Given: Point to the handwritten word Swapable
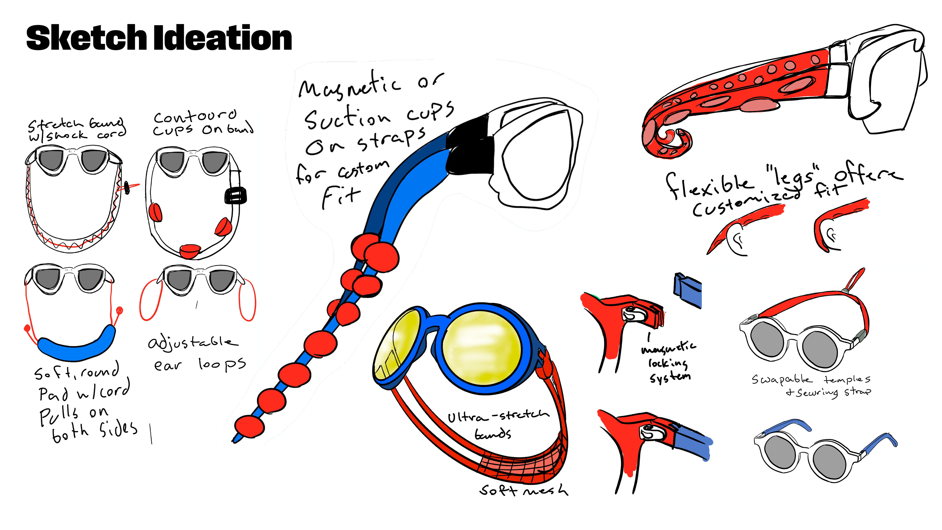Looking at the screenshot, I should [x=782, y=380].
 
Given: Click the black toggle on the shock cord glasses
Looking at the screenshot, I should [x=127, y=187].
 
